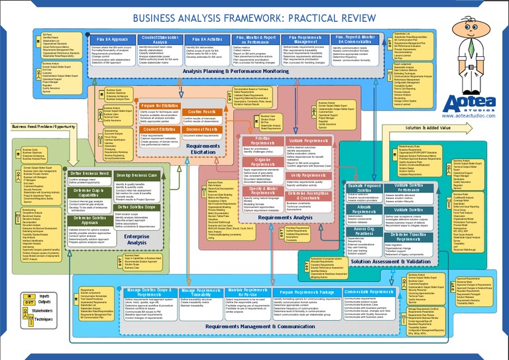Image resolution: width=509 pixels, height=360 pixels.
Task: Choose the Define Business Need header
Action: (91, 173)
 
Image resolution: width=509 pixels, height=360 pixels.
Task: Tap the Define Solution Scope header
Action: (137, 207)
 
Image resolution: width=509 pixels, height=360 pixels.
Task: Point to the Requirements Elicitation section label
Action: (188, 150)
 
